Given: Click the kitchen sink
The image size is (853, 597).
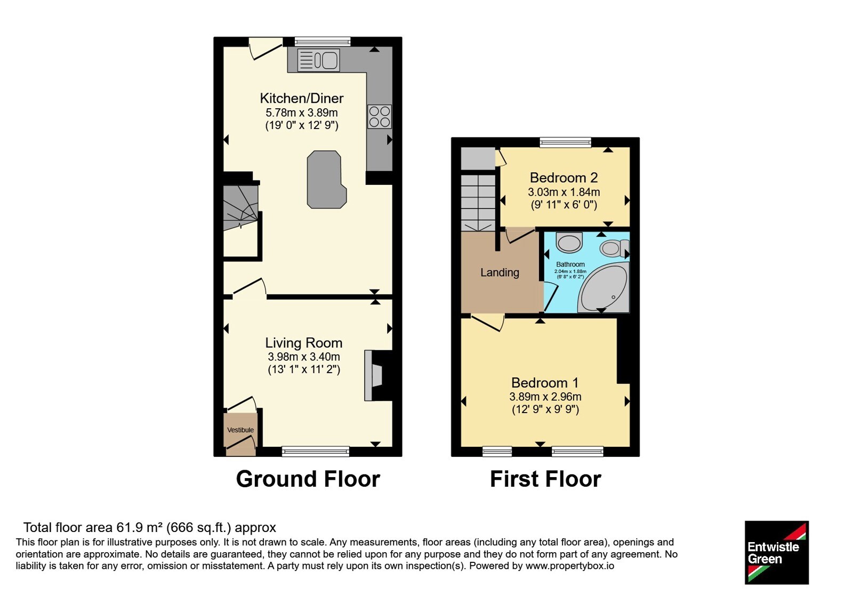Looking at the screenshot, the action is pos(319,60).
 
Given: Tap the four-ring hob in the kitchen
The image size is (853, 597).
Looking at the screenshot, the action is pos(380,117).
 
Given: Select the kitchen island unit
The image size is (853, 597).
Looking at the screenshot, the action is pos(326,179).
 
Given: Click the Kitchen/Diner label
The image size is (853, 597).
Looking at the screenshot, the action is pos(302,98).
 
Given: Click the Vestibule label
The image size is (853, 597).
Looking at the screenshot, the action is pos(240,430).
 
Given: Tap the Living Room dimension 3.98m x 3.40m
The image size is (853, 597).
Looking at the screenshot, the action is pos(304,357).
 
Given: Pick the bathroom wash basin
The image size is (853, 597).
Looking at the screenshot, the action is pos(569,243).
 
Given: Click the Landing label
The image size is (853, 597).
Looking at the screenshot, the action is pos(500,272).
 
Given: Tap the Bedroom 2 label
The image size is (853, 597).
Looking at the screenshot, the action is pos(564,178).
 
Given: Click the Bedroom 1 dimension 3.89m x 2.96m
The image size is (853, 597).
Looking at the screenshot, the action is pos(545,397).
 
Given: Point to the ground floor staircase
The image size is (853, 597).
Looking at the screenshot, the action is pos(240,207).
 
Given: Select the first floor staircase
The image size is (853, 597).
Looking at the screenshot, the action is pos(478,203).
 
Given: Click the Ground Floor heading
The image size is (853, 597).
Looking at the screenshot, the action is pos(308,479).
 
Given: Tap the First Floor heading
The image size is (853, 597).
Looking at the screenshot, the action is pos(545,479).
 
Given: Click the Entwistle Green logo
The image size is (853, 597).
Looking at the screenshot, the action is pos(777,552).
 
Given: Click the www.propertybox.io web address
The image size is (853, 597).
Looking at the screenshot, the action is pos(570,566).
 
